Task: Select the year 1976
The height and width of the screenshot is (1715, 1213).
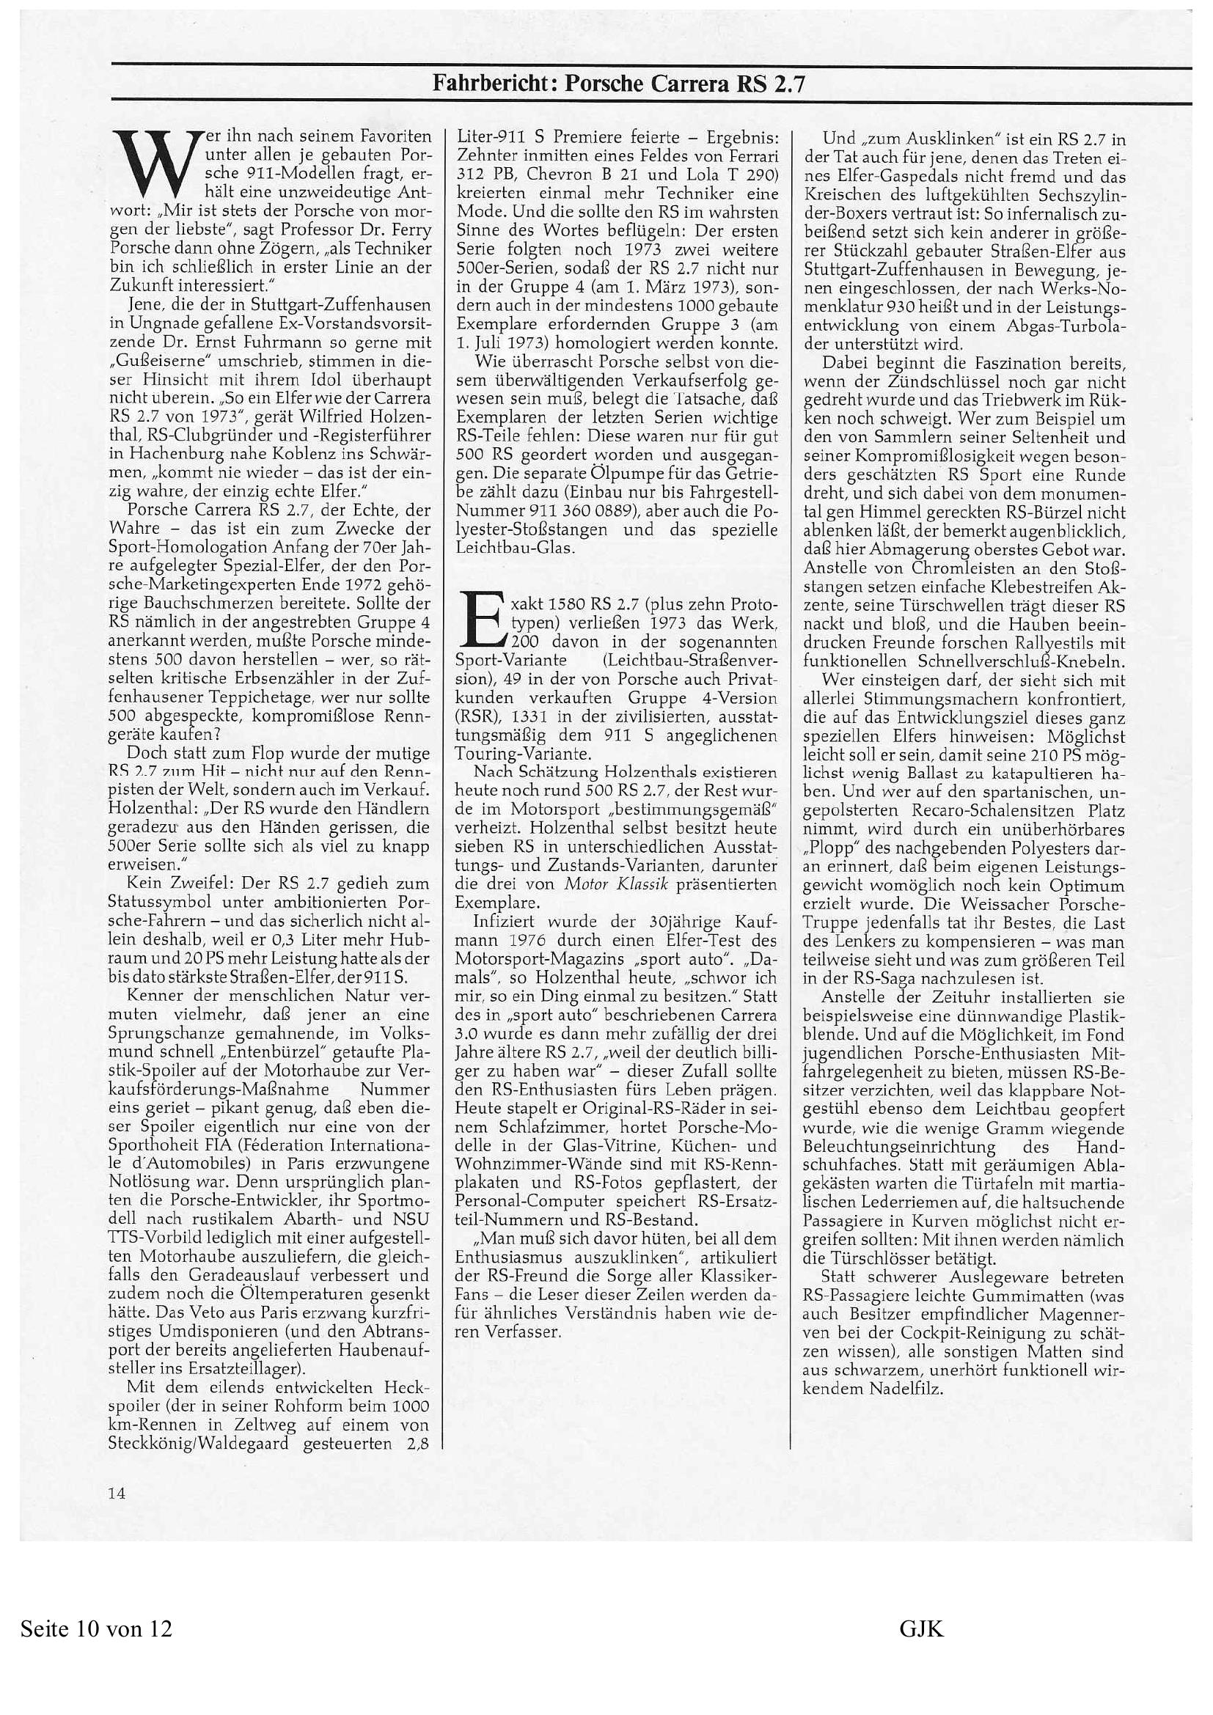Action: [516, 941]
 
